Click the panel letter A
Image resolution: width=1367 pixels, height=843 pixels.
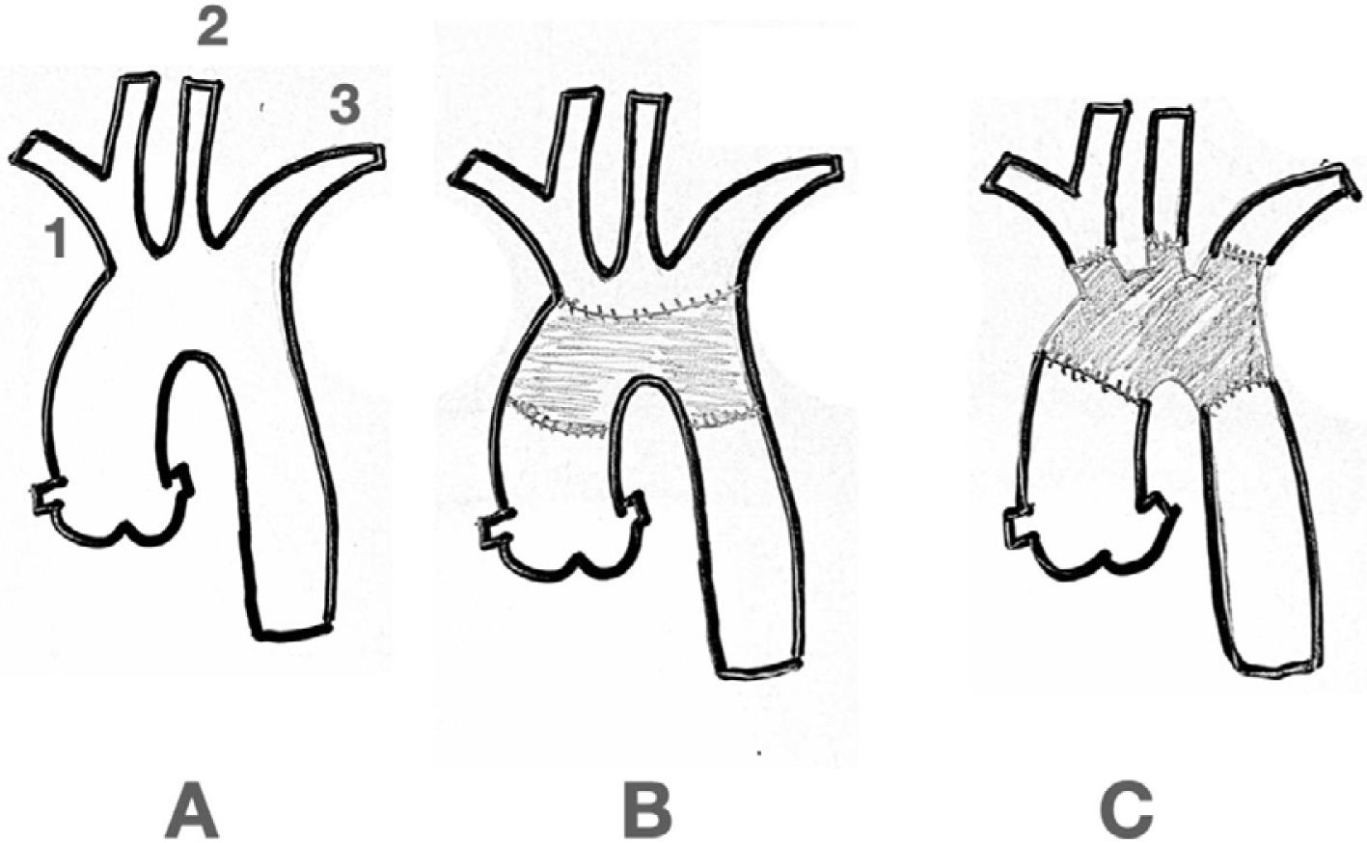[193, 812]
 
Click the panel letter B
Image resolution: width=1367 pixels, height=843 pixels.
[646, 812]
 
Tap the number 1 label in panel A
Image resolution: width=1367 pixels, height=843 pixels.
[58, 237]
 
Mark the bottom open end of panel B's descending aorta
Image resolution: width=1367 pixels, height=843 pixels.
[757, 667]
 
